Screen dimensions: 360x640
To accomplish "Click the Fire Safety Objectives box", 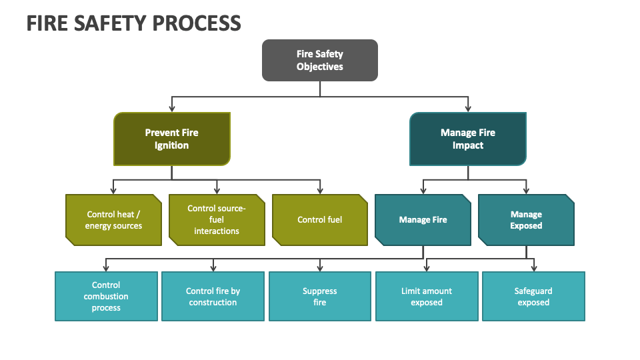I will point(319,60).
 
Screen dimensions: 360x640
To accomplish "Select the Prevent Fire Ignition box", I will point(172,139).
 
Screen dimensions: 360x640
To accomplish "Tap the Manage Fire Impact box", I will point(467,139).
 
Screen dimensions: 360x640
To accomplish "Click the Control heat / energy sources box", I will point(113,220).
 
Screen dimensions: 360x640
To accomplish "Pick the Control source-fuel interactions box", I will point(217,220).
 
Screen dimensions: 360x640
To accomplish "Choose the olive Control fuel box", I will point(319,220).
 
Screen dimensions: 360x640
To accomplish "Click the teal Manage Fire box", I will point(423,220).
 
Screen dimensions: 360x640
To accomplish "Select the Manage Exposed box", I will point(526,220).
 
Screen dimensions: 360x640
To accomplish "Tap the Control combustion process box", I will point(106,296).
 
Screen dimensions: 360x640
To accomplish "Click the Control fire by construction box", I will point(213,296).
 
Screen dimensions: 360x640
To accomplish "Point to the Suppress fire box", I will point(319,296).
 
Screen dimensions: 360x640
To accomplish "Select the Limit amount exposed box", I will point(427,296).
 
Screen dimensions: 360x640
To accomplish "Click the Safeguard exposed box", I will point(533,296).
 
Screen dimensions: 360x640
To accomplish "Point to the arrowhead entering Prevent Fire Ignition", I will point(172,109).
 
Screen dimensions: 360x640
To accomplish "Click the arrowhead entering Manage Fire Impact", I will point(467,109).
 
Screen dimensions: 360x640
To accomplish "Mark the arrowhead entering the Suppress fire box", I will point(319,268).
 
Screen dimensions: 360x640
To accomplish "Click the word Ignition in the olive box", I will point(172,145).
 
